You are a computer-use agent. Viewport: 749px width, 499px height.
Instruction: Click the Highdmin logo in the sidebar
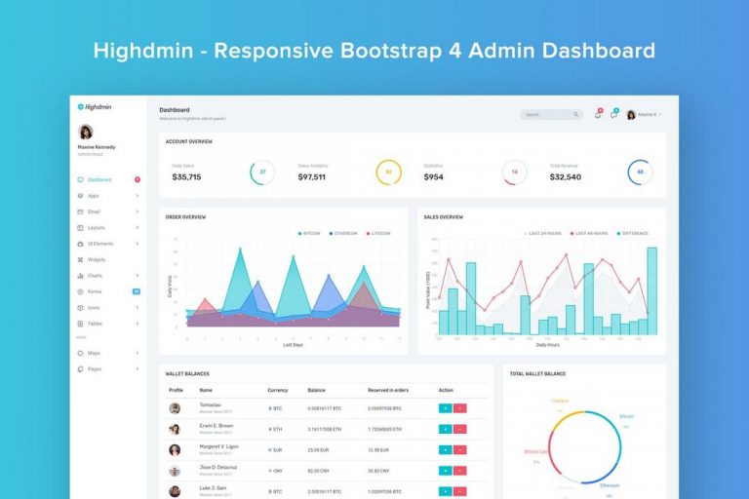(x=95, y=107)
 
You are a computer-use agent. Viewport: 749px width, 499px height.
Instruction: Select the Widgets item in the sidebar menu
(x=97, y=259)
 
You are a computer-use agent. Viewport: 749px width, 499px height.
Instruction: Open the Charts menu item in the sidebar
(x=95, y=276)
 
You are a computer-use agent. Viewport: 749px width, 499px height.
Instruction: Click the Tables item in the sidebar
(x=95, y=324)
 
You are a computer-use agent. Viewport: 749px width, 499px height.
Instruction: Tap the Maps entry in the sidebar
(x=94, y=353)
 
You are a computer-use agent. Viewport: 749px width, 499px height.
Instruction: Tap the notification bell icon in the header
(x=598, y=114)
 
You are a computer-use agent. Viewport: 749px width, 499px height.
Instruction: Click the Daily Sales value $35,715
(x=186, y=177)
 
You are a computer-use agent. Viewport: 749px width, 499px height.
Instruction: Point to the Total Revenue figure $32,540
(x=565, y=177)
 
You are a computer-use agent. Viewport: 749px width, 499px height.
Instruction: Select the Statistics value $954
(x=434, y=177)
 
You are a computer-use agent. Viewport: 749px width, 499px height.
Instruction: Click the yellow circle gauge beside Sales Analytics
(x=388, y=173)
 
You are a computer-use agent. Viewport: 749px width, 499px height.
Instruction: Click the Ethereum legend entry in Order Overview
(x=343, y=233)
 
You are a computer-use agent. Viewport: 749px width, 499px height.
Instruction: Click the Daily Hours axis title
(x=548, y=345)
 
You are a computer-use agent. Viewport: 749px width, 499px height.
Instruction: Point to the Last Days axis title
(x=293, y=345)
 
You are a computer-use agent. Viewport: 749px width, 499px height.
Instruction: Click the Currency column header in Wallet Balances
(x=278, y=390)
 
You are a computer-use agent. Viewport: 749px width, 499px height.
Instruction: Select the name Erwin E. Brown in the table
(x=216, y=426)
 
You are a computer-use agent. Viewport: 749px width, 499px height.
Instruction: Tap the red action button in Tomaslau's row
(x=459, y=407)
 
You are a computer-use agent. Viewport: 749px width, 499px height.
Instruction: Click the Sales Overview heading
(x=444, y=217)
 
